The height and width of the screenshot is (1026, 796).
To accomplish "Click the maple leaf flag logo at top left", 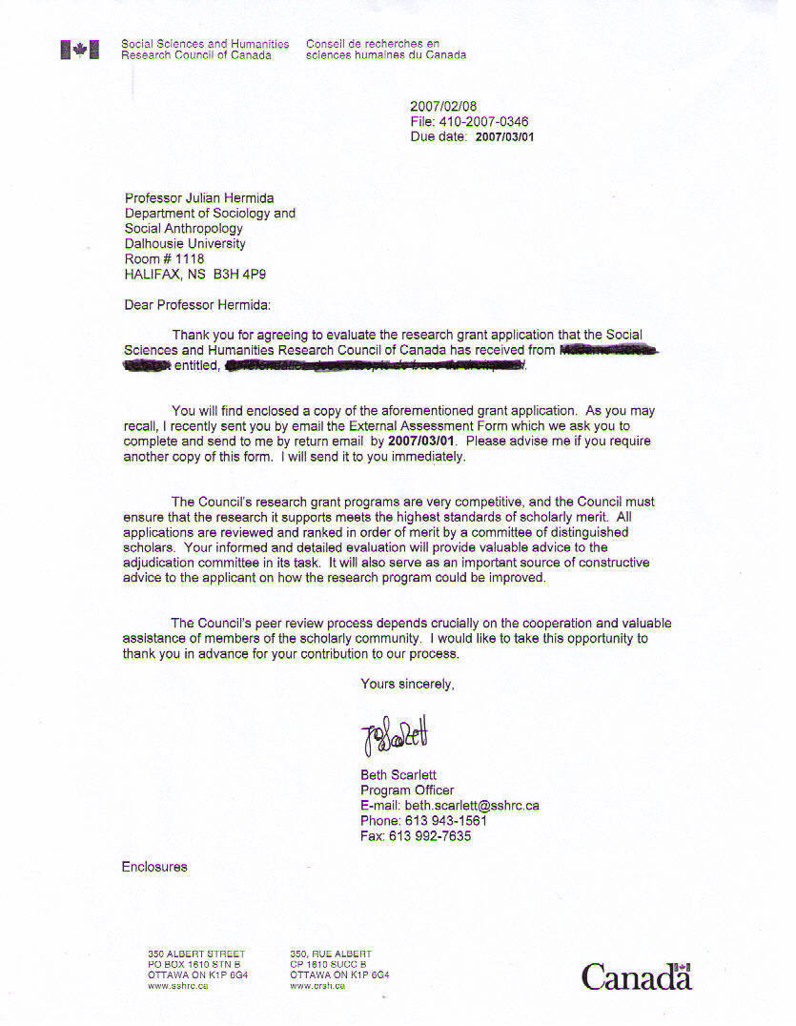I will [x=80, y=51].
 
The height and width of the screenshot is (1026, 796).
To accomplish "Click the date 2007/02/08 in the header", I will [x=443, y=107].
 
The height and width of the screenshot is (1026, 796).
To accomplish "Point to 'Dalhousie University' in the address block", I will [x=185, y=244].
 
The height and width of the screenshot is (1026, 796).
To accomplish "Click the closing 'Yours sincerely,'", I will [x=407, y=684].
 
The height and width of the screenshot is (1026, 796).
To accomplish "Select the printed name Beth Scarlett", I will [x=398, y=775].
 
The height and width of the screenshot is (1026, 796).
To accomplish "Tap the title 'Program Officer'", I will [x=407, y=790].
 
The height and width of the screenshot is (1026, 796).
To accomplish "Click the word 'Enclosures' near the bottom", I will [x=154, y=867].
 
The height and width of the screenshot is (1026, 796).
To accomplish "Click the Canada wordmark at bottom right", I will [x=636, y=976].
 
